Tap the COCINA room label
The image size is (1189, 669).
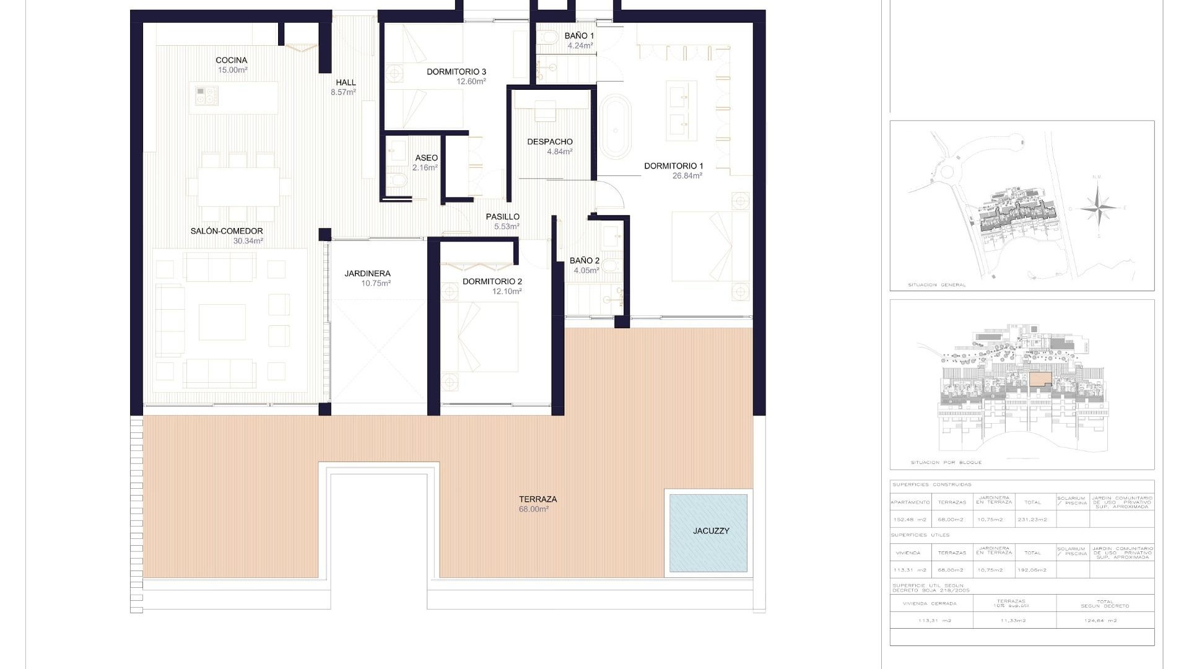pos(232,60)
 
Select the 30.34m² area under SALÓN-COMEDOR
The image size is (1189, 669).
pos(248,241)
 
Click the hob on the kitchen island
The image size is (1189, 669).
pos(206,95)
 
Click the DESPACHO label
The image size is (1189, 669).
pos(550,142)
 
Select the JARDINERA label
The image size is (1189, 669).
pos(367,273)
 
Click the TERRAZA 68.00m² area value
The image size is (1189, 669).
pos(534,509)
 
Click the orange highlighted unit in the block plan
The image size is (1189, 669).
pos(1040,380)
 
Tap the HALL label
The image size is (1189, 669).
pos(346,82)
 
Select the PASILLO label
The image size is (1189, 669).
pos(502,217)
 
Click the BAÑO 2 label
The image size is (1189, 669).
pos(584,261)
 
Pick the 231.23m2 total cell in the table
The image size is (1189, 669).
pos(1032,520)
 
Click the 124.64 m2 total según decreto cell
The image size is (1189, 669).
pos(1105,620)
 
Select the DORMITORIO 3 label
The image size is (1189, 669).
pos(456,72)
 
